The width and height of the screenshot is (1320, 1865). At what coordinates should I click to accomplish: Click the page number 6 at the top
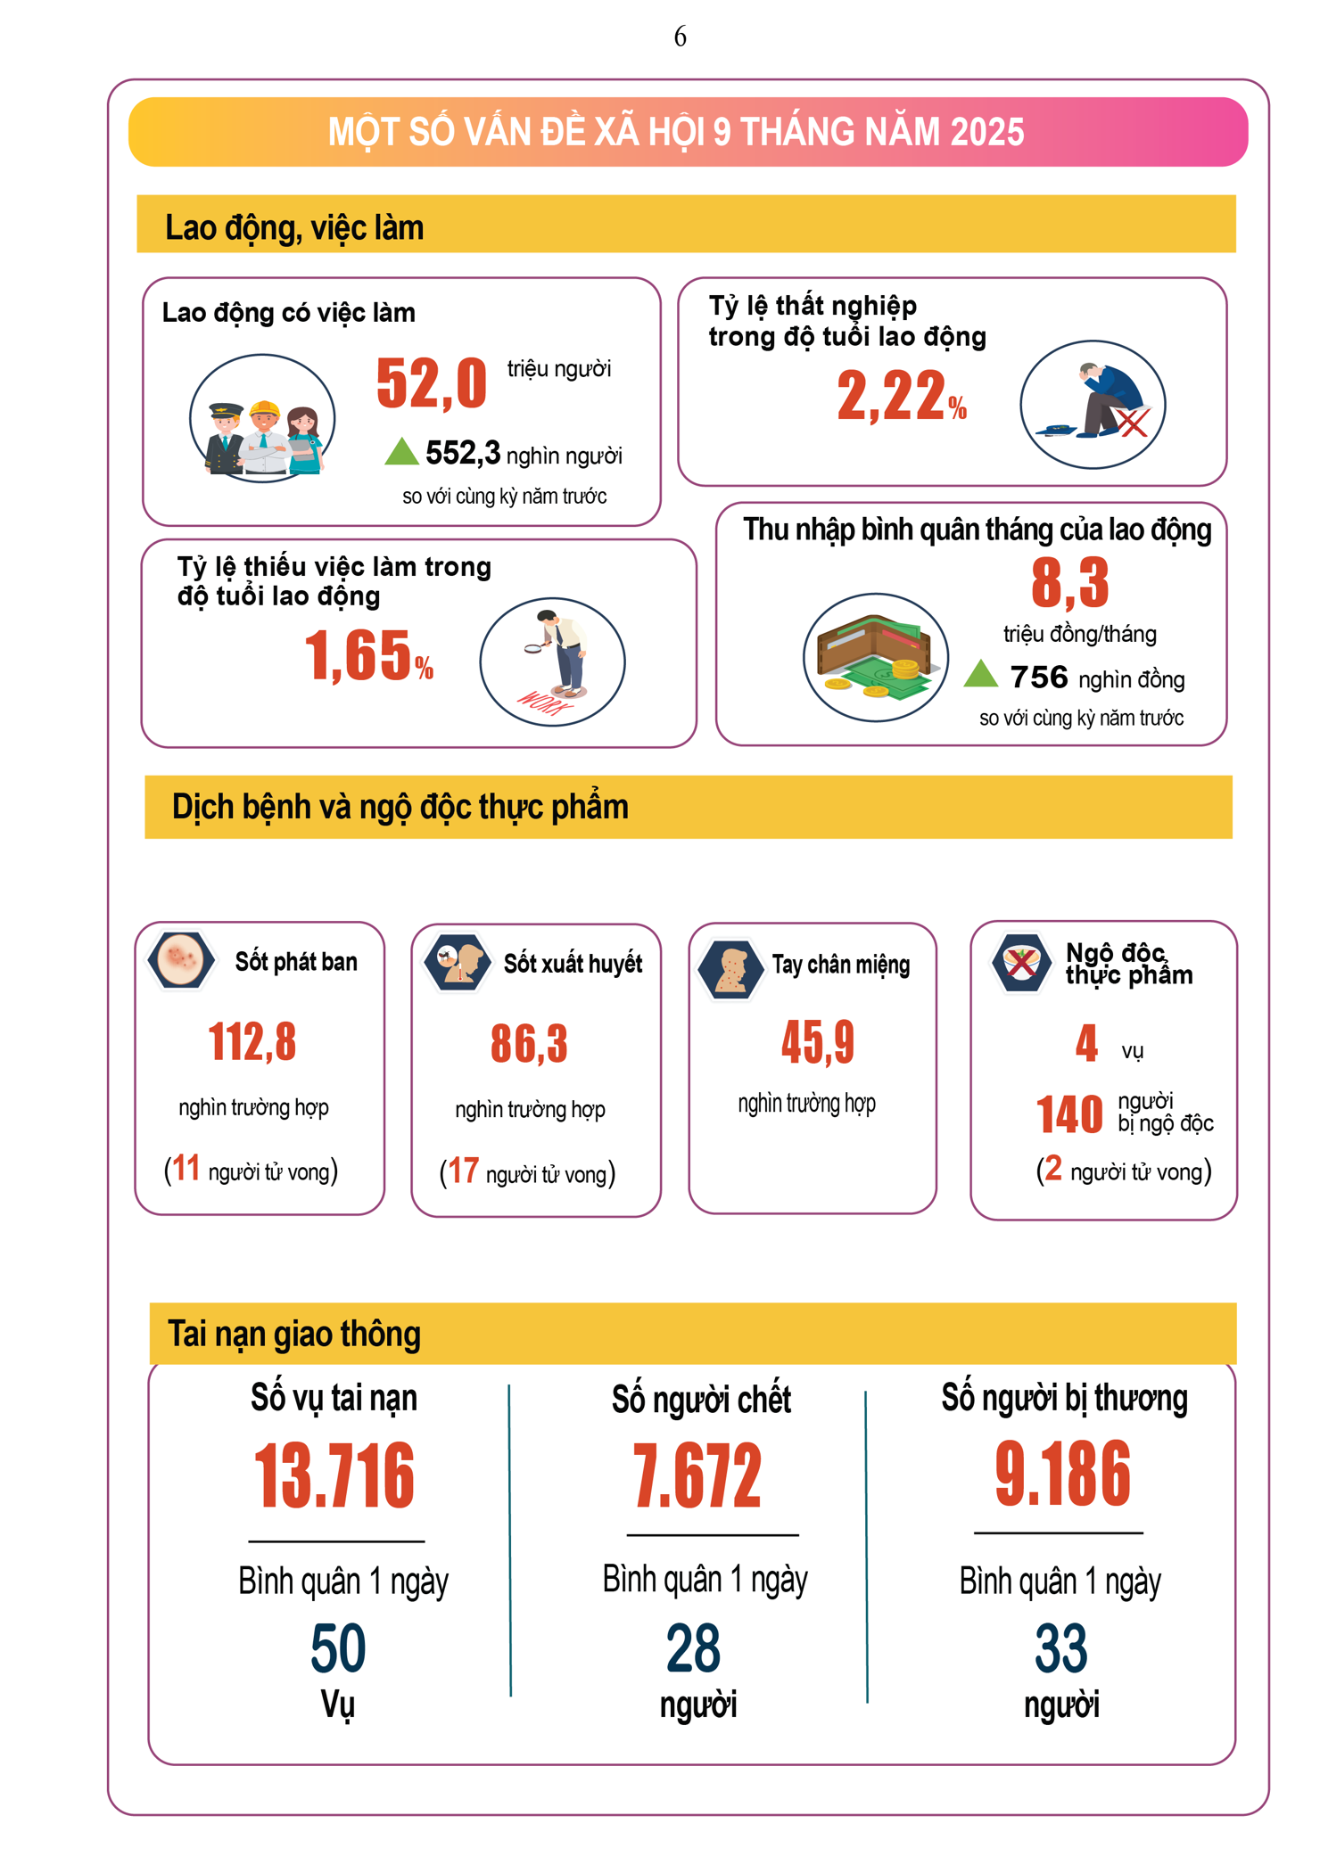tap(680, 37)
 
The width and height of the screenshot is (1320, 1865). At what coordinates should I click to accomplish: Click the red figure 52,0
tap(432, 384)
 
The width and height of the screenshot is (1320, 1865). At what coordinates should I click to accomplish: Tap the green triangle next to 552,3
tap(401, 452)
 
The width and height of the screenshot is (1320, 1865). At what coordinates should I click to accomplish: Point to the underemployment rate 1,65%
tap(368, 656)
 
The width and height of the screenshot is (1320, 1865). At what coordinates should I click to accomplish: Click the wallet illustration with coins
tap(874, 658)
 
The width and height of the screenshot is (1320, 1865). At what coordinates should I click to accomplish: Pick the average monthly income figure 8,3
tap(1069, 583)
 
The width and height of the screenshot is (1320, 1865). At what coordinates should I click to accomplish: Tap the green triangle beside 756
tap(980, 674)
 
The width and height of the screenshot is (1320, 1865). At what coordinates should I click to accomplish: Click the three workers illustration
tap(262, 418)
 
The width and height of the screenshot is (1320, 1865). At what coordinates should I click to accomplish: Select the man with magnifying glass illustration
tap(553, 661)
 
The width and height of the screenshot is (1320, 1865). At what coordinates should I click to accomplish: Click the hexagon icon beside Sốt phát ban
tap(181, 960)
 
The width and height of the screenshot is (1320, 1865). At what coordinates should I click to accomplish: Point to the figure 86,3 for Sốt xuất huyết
tap(529, 1044)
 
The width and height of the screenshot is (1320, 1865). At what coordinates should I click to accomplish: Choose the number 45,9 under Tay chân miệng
tap(817, 1042)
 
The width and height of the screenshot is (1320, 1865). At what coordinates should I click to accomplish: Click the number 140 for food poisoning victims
tap(1069, 1114)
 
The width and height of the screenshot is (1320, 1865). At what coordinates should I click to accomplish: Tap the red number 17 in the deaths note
tap(463, 1171)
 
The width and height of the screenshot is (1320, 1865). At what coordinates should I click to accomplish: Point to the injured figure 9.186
tap(1062, 1475)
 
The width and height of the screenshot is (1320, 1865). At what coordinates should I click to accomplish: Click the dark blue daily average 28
tap(693, 1648)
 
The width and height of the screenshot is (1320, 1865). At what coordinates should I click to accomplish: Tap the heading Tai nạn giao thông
tap(294, 1334)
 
